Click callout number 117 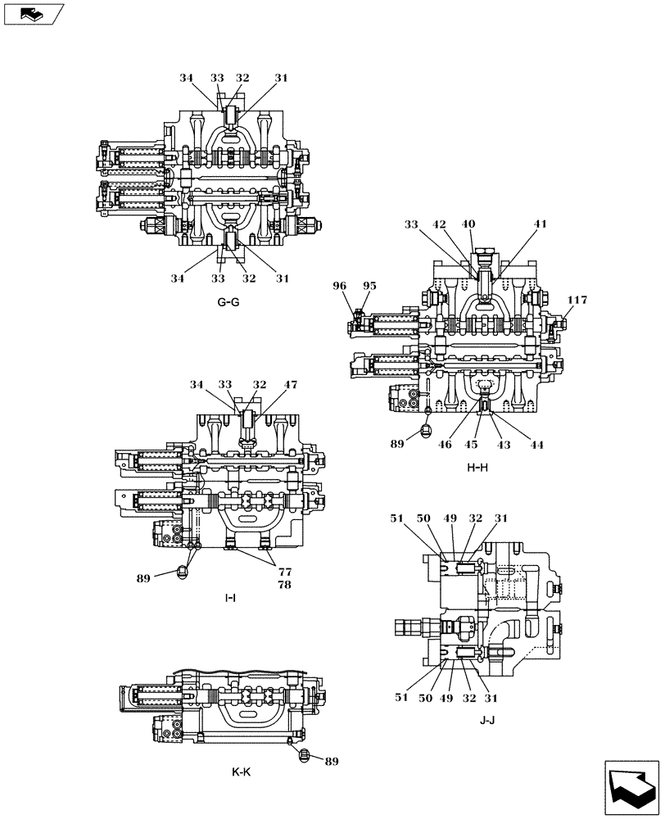(577, 301)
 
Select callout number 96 (339, 286)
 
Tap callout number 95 (369, 286)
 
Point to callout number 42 (440, 224)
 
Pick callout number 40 (468, 224)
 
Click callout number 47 (291, 384)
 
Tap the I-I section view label (230, 598)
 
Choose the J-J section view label (487, 721)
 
